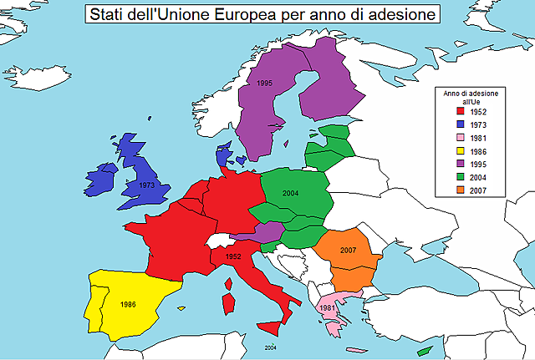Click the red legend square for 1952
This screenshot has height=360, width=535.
point(458,110)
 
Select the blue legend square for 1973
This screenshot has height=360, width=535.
point(458,124)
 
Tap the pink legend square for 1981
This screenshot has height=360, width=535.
point(458,137)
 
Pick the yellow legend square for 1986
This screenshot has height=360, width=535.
point(458,150)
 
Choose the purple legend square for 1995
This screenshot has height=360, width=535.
point(458,164)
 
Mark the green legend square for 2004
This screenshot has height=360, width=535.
point(458,177)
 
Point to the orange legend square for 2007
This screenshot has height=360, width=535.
point(458,190)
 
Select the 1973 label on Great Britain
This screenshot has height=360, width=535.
point(145,185)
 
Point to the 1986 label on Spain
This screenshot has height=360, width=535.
point(128,304)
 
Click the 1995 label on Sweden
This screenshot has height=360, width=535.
point(264,83)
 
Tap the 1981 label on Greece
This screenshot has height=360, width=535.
point(327,308)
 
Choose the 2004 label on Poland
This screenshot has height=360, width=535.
point(290,193)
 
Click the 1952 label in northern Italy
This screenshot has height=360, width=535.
point(233,256)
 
